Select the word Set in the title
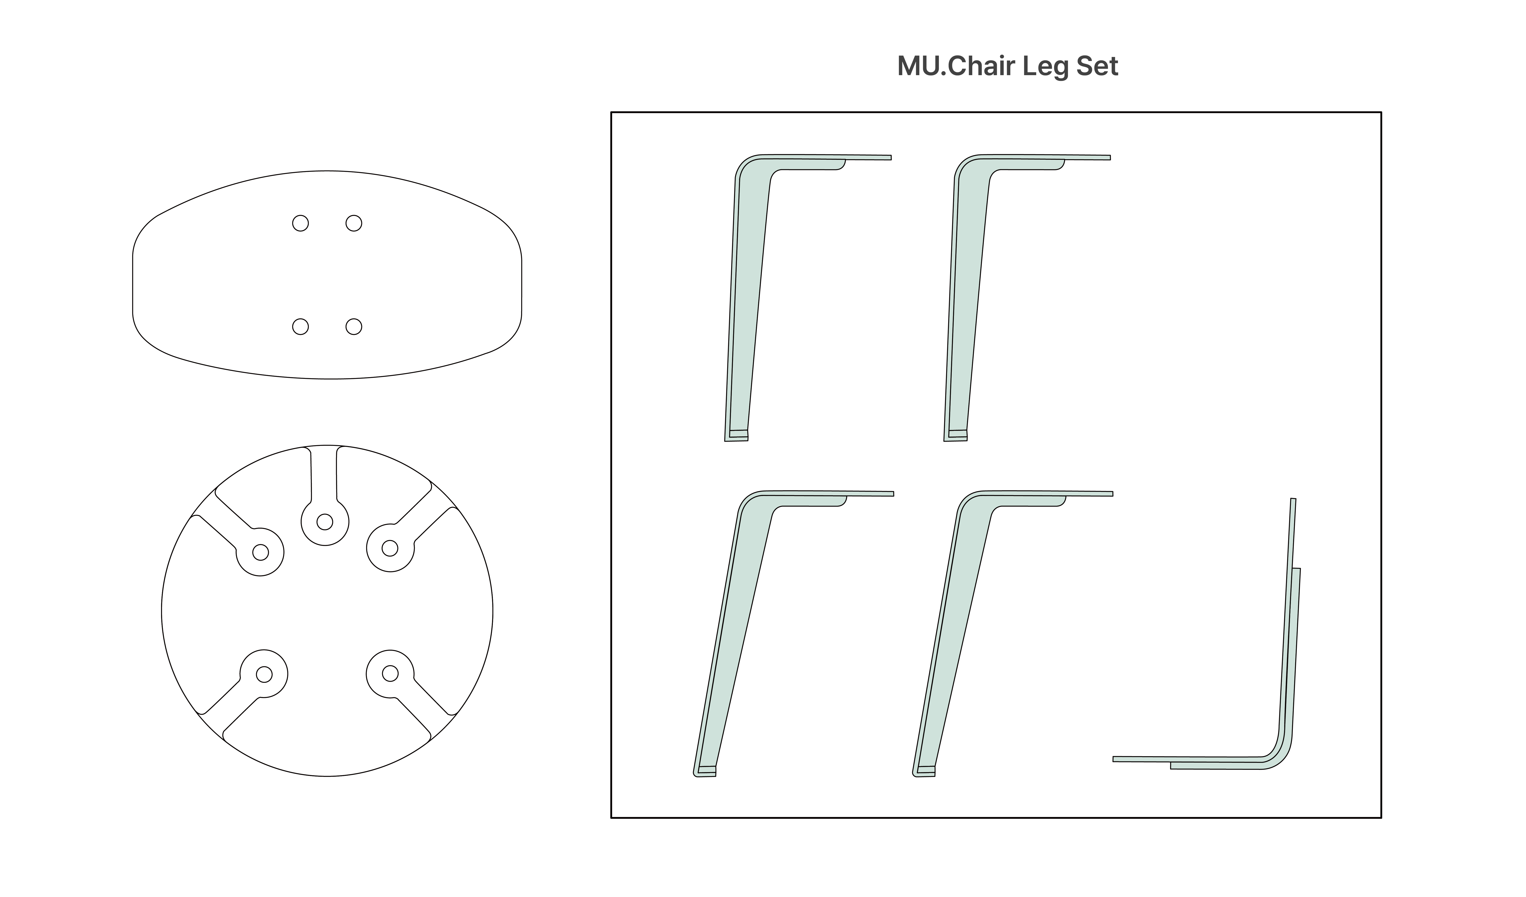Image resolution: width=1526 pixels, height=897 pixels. click(x=1097, y=66)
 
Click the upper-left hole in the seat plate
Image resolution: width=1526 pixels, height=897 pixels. click(x=300, y=223)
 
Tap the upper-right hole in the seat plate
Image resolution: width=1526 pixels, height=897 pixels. click(x=354, y=223)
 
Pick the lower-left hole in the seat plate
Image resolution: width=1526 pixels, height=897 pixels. click(x=300, y=327)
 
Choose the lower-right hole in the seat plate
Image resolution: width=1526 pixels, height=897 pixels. click(x=354, y=327)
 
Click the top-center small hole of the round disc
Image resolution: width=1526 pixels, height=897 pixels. click(x=325, y=522)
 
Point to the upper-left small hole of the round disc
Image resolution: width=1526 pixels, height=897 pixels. click(x=260, y=552)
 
